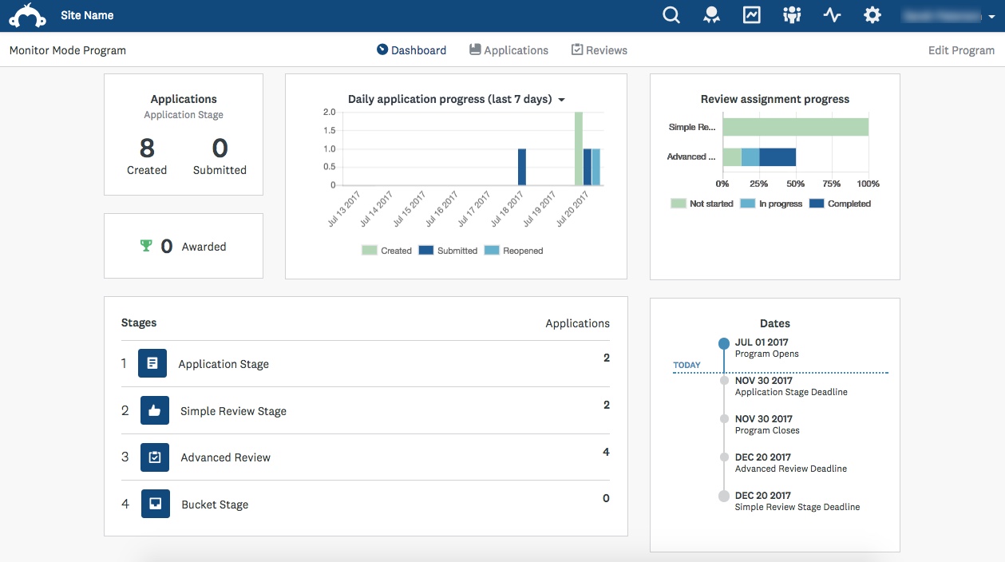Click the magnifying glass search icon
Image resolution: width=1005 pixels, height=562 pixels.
[x=671, y=15]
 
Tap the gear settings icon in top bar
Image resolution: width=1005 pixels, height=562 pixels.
[x=872, y=15]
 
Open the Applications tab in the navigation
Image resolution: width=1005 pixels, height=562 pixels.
[x=508, y=50]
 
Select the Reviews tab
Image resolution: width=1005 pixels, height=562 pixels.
[x=599, y=50]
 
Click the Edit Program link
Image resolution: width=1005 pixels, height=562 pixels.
[x=961, y=50]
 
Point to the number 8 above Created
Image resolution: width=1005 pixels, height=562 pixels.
[x=147, y=148]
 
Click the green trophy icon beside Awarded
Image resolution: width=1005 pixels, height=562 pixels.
[x=145, y=246]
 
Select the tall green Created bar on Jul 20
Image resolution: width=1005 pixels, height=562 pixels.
[x=579, y=148]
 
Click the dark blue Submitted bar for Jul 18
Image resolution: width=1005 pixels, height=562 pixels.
[x=522, y=167]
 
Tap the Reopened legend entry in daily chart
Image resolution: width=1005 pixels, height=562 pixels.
[x=514, y=251]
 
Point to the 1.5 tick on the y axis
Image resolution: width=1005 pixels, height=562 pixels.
[x=329, y=130]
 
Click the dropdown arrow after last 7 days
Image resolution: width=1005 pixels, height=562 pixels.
[x=561, y=100]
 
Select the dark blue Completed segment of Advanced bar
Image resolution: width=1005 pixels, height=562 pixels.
[x=777, y=157]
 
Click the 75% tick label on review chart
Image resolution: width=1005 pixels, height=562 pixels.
[x=832, y=184]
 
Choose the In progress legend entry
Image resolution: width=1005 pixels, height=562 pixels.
[x=771, y=204]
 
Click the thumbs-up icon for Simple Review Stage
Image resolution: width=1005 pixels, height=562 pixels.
[x=155, y=411]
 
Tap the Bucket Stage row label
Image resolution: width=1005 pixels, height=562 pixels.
[x=215, y=505]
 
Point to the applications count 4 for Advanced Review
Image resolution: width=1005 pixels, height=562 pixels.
[x=606, y=452]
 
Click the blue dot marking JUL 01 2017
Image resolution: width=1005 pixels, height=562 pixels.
[x=724, y=343]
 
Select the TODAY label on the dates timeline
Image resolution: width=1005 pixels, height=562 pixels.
[x=686, y=365]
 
